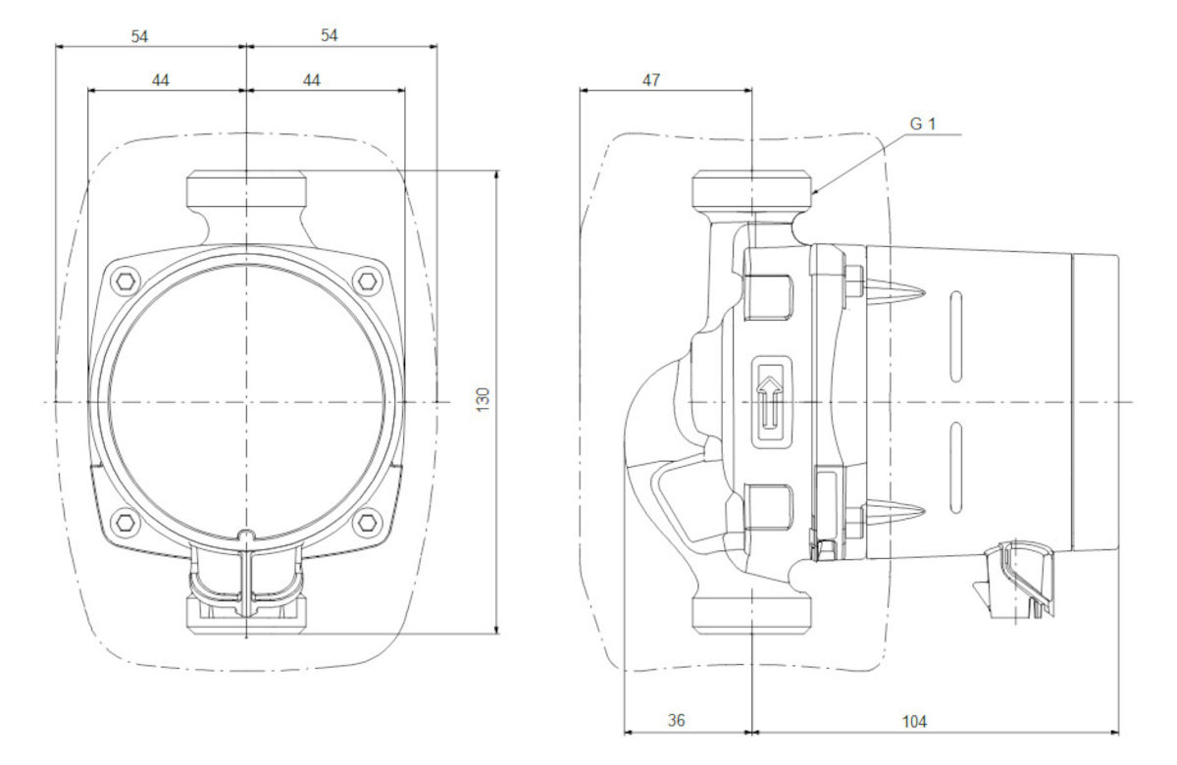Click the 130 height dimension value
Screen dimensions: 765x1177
(x=483, y=399)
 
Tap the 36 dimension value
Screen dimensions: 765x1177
(x=676, y=721)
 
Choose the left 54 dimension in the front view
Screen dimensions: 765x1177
(x=141, y=35)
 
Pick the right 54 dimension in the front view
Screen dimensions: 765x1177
(x=330, y=35)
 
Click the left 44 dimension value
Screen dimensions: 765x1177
(x=161, y=80)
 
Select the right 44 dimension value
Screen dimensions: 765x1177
(x=312, y=80)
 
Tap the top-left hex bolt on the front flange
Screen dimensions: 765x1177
(x=123, y=282)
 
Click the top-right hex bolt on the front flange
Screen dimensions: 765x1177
(x=368, y=282)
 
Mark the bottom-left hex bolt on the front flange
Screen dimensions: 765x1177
(x=123, y=520)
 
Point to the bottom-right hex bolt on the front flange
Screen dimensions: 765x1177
(x=368, y=520)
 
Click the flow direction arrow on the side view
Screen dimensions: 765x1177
(x=770, y=402)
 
